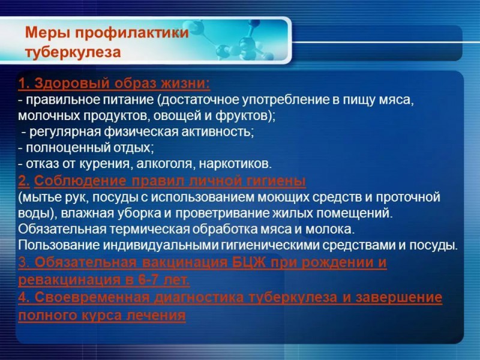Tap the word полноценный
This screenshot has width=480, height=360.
click(x=68, y=148)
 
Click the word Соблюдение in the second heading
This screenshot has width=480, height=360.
click(x=80, y=181)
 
